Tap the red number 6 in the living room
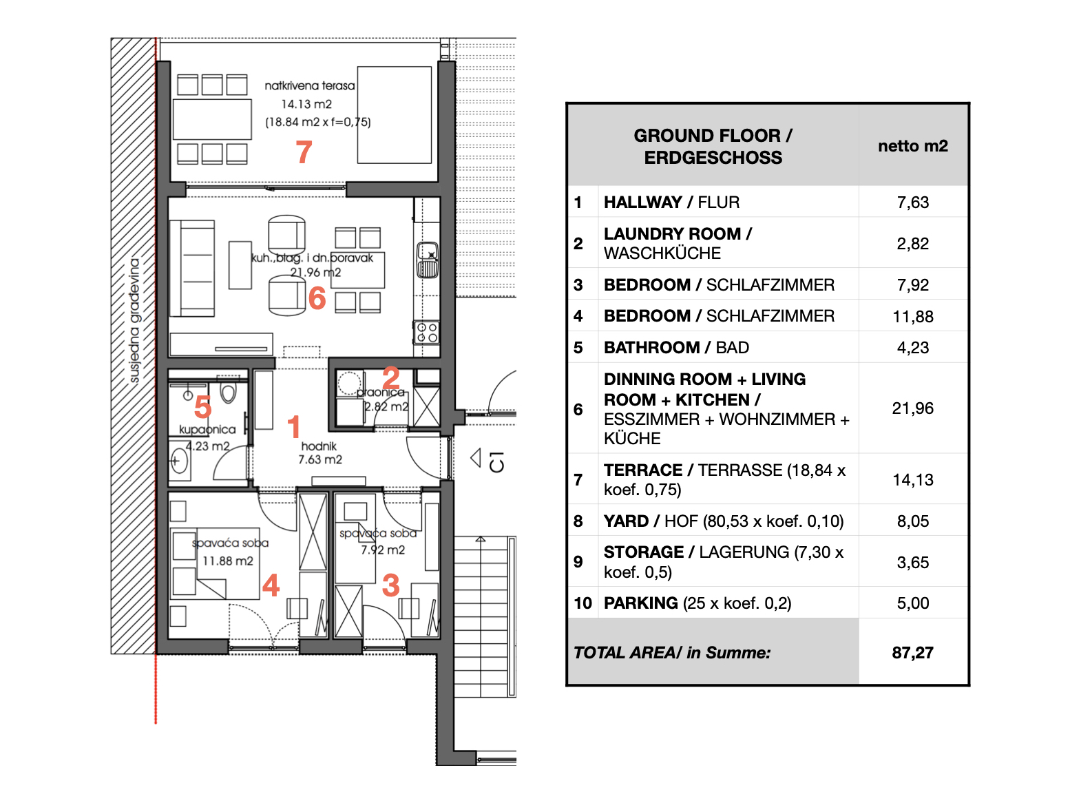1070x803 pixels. (x=317, y=298)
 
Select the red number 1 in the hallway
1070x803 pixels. (x=293, y=426)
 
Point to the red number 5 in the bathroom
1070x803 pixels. (x=203, y=406)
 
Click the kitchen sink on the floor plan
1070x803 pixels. (x=428, y=260)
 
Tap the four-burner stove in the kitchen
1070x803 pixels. (x=426, y=333)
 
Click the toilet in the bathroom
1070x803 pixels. (x=228, y=390)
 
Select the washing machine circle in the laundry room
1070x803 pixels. (x=348, y=384)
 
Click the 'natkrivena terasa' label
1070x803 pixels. (x=310, y=86)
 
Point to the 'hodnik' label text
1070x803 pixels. (x=319, y=446)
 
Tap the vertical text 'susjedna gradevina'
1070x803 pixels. (x=134, y=320)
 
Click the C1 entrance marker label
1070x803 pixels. (x=496, y=461)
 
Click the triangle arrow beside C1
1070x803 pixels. (x=476, y=458)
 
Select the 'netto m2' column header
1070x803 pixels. (x=912, y=146)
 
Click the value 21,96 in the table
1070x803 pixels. (x=912, y=408)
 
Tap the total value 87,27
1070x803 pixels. (x=912, y=652)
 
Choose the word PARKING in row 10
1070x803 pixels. (x=640, y=603)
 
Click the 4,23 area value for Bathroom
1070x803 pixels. (x=912, y=348)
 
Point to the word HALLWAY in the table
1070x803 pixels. (x=643, y=202)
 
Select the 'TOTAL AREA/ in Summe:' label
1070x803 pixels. (x=672, y=652)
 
